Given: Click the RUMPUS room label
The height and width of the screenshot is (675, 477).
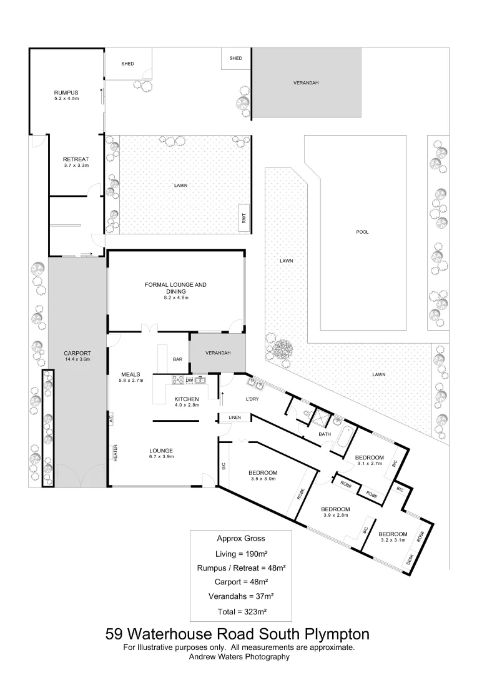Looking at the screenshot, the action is [x=66, y=92].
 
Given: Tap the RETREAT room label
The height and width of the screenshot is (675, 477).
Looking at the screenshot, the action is [x=76, y=159].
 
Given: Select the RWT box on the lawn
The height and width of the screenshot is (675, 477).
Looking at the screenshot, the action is [x=245, y=218].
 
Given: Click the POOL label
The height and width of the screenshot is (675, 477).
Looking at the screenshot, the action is [x=362, y=232].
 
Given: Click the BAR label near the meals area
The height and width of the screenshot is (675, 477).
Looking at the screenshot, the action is [x=178, y=359].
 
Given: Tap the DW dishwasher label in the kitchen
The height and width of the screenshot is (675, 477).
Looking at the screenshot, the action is [x=189, y=381].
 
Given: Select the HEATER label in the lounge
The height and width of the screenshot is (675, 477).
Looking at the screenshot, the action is [x=116, y=452].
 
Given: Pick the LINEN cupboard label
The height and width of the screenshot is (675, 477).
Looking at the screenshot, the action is [x=235, y=417].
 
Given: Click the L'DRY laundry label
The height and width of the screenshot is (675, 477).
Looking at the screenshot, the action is [x=253, y=398].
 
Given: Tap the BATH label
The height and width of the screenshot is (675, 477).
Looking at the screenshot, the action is [x=325, y=434].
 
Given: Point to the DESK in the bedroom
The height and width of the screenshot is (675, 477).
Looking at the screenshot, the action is [x=410, y=559].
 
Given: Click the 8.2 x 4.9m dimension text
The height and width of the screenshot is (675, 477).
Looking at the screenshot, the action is [x=175, y=298].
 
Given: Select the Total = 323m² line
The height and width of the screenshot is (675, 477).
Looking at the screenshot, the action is [x=240, y=611].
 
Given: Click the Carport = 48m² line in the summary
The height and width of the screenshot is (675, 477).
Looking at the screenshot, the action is [x=240, y=581].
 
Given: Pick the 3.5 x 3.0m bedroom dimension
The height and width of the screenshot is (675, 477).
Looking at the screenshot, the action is [x=262, y=479].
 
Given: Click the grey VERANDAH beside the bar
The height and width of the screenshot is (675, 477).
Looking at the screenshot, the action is [x=218, y=353].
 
